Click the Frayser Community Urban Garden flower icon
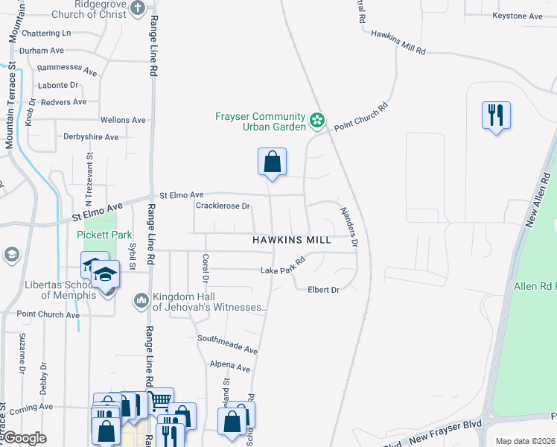click(317, 119)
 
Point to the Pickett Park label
click(104, 234)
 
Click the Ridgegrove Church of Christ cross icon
click(137, 8)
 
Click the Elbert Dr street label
click(323, 290)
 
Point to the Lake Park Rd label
click(283, 266)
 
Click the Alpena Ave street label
click(230, 367)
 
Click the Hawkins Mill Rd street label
click(398, 42)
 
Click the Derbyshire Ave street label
click(91, 137)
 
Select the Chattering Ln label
click(45, 33)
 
